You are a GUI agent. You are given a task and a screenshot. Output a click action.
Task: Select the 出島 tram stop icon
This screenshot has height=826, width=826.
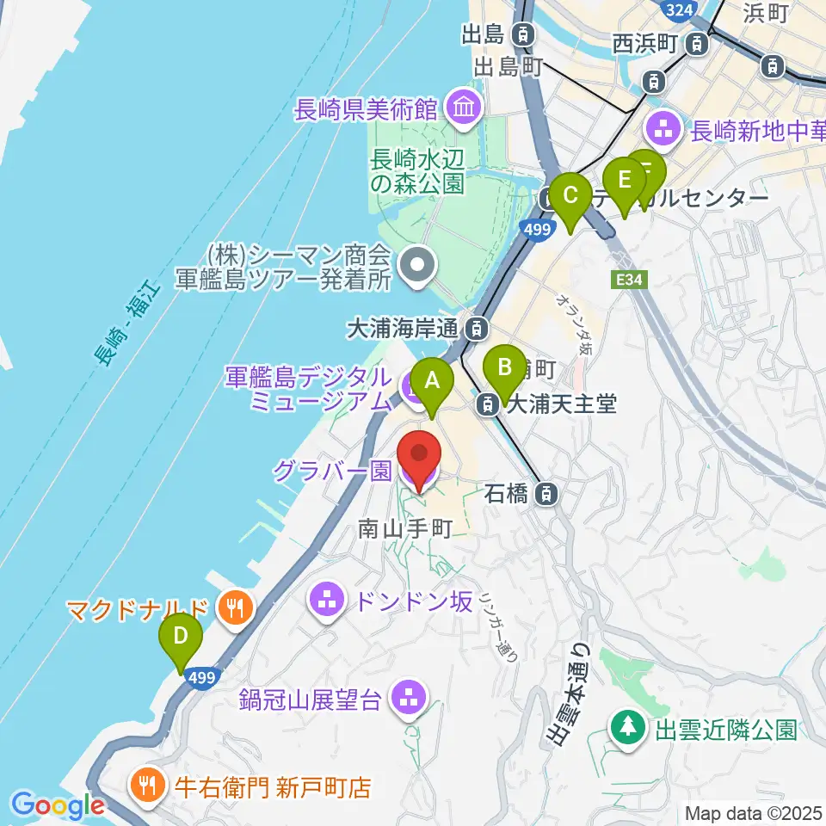pos(522,35)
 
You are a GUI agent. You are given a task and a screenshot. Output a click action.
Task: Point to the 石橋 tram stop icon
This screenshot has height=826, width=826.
pos(545,494)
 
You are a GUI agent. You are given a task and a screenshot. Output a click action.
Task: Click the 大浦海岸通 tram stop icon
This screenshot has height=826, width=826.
pos(474,328)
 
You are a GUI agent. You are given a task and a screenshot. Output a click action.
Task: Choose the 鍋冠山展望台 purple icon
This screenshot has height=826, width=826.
pos(408,698)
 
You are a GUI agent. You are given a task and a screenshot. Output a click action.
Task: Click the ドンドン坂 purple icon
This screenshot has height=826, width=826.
pos(327,601)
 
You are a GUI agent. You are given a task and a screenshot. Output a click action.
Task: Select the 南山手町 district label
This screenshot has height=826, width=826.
pos(404,528)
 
